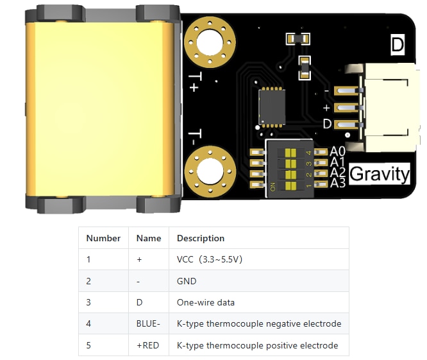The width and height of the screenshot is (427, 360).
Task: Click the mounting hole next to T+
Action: click(x=209, y=44)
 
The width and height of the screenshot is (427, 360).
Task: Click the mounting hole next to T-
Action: click(x=209, y=171)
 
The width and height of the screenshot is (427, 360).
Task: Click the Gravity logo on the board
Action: click(x=379, y=173)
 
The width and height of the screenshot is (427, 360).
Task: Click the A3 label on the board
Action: click(x=338, y=184)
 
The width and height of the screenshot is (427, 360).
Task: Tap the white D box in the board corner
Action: click(x=398, y=45)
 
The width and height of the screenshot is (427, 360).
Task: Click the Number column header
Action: click(x=103, y=238)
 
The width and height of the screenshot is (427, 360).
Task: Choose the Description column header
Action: click(x=200, y=238)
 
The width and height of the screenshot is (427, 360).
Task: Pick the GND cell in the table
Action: click(x=187, y=281)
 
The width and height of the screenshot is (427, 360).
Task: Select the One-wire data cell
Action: click(x=205, y=303)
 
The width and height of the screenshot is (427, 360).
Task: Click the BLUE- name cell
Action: click(x=148, y=324)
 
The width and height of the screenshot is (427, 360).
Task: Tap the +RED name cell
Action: click(x=147, y=345)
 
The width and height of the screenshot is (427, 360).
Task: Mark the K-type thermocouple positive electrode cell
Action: click(x=257, y=345)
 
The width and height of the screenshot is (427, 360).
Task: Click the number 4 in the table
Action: click(x=89, y=324)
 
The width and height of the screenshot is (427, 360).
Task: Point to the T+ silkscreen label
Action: click(x=194, y=83)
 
